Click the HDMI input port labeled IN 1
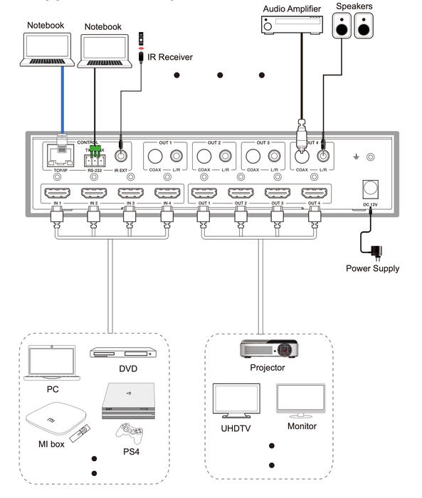click(x=56, y=193)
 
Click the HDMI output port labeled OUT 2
click(x=241, y=193)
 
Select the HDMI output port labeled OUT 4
click(x=315, y=193)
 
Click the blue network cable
click(x=63, y=100)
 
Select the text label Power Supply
click(x=372, y=269)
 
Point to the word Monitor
click(x=302, y=426)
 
